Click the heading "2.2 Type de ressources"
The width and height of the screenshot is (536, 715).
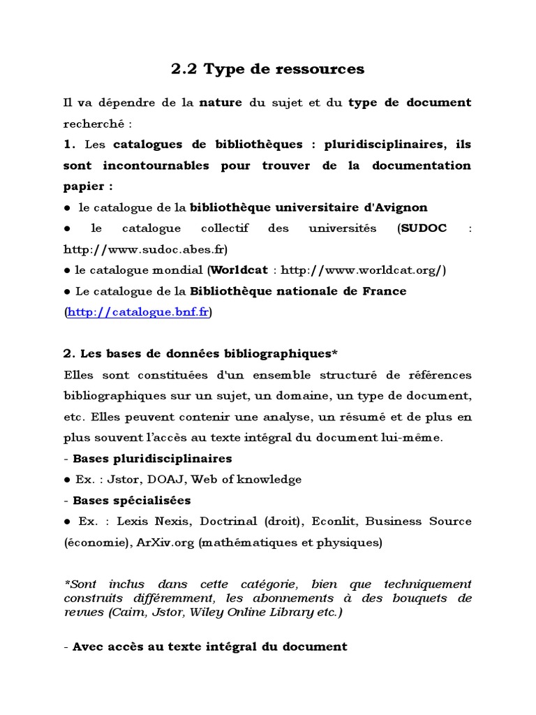coord(267,68)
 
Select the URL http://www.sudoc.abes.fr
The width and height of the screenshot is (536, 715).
coord(144,249)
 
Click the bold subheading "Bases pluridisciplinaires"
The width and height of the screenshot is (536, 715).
coord(152,459)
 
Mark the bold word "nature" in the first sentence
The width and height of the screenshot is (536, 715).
coord(221,103)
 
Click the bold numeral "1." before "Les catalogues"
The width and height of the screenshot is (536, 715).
coord(68,145)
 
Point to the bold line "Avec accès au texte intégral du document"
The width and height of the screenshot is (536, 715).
coord(209,647)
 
